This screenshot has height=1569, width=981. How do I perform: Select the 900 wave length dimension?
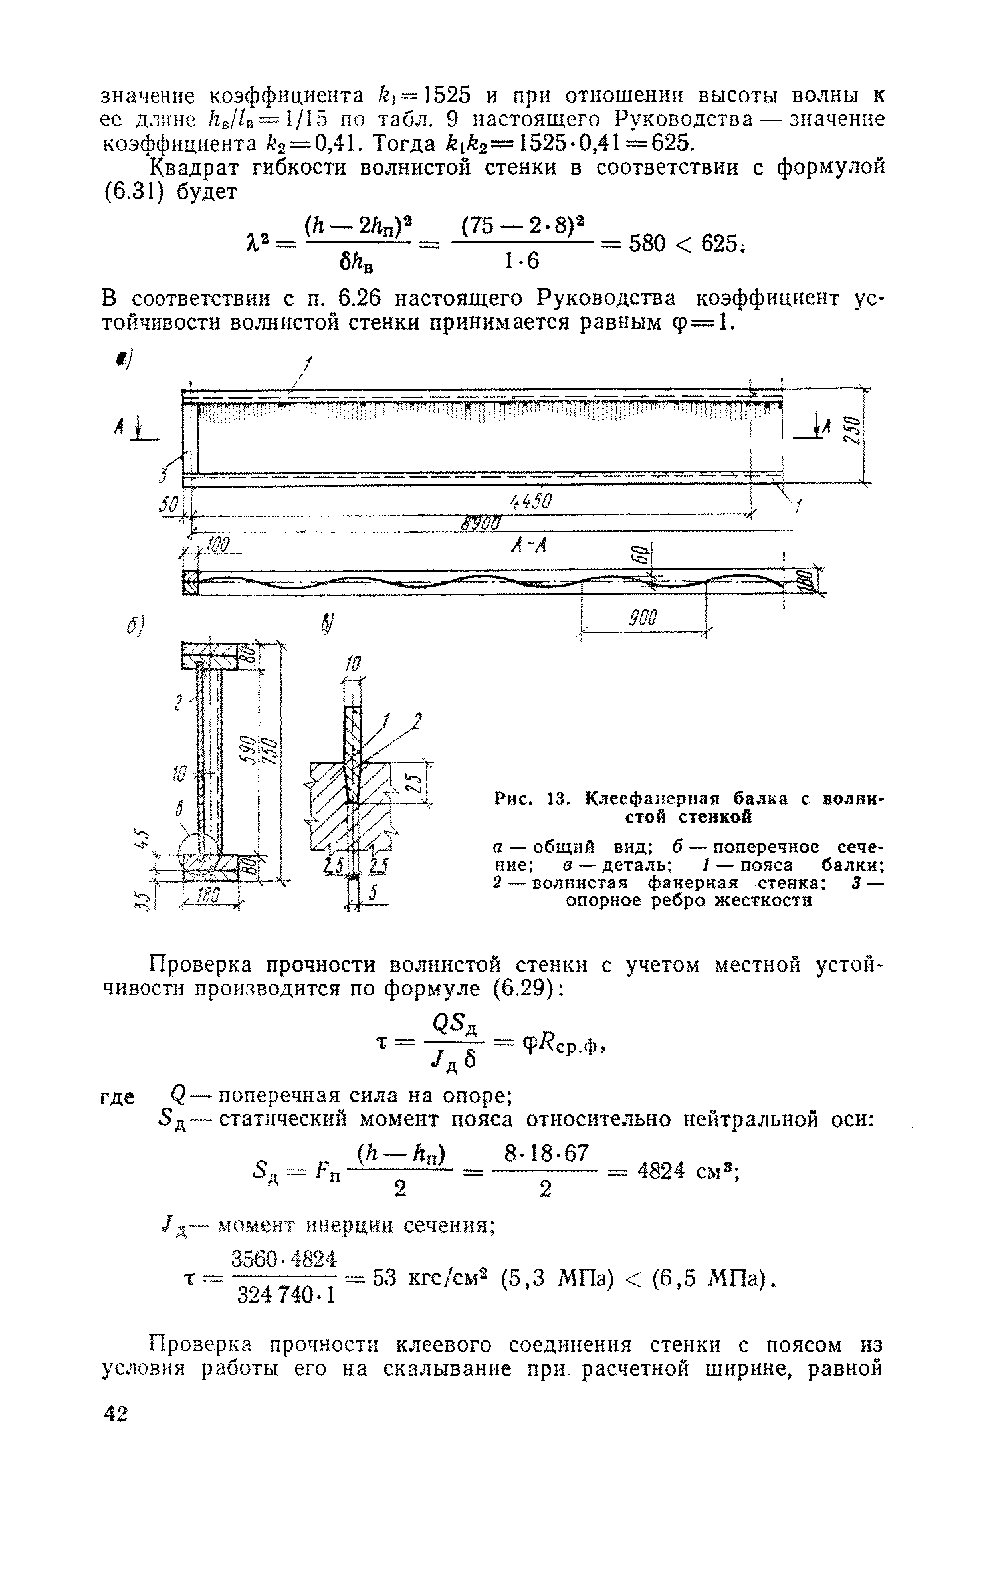click(x=643, y=619)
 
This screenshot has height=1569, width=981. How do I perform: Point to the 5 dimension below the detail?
click(x=374, y=895)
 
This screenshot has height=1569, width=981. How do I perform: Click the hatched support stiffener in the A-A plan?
click(x=191, y=583)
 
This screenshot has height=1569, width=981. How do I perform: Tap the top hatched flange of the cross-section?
click(x=210, y=655)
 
